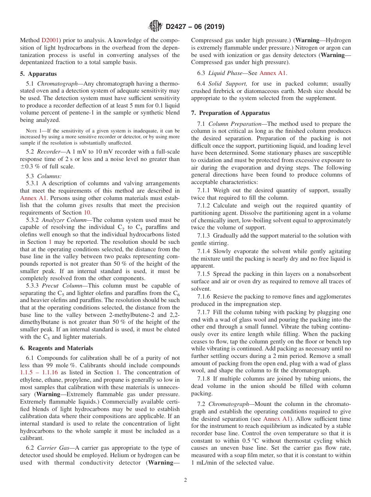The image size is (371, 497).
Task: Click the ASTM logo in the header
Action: coord(156,27)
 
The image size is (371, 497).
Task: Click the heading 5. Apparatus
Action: coord(38,74)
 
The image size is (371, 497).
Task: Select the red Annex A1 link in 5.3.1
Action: coord(33,198)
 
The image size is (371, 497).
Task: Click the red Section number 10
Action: coord(87,213)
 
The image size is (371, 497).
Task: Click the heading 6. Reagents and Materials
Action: coord(57,348)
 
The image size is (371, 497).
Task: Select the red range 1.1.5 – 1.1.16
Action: coord(39,373)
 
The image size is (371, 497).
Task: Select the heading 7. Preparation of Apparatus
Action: coord(230,113)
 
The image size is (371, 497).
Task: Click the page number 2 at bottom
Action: coord(185,480)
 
